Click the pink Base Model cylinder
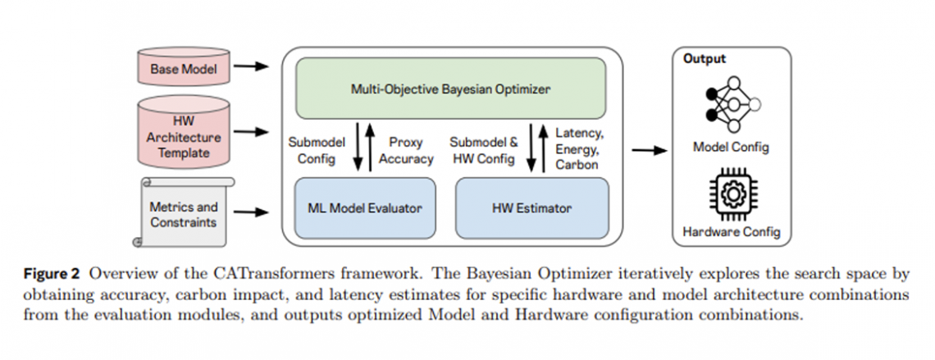(183, 70)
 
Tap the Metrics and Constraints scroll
(183, 212)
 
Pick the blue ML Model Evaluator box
(359, 207)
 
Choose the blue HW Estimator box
(531, 207)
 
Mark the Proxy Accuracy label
(406, 150)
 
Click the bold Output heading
(705, 59)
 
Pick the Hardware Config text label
(730, 232)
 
